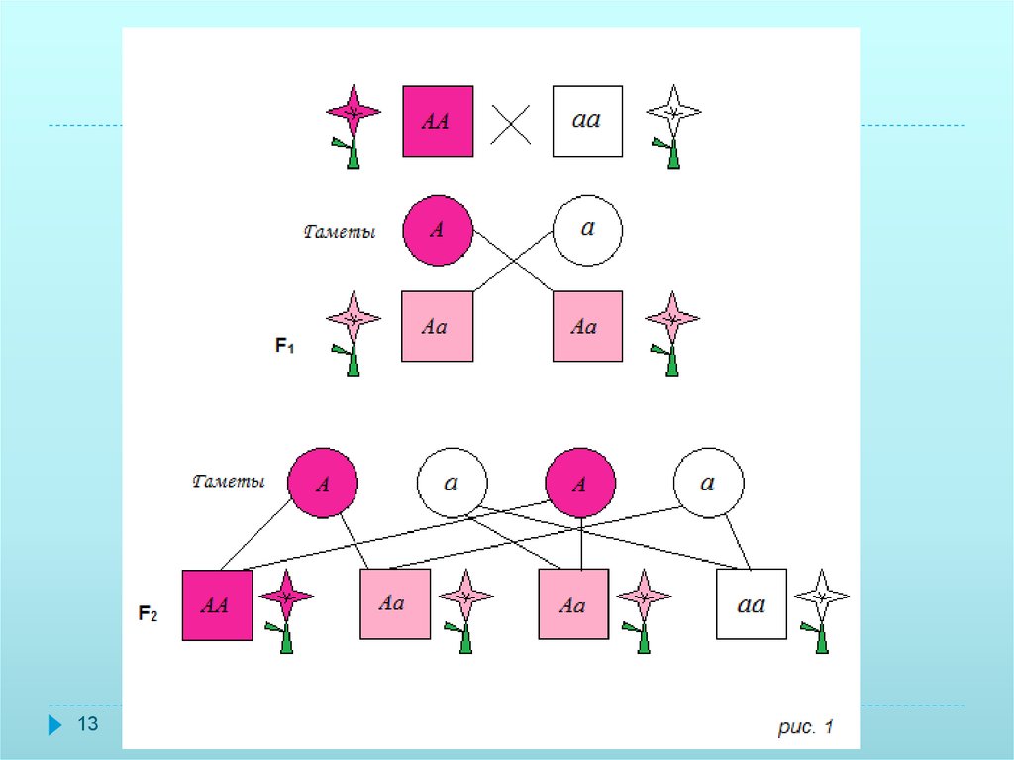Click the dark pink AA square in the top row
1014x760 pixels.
[x=437, y=121]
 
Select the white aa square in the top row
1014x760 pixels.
[x=587, y=121]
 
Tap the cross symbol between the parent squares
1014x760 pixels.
[x=512, y=125]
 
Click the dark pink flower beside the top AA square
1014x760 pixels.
[x=354, y=124]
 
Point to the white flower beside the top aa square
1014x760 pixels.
[x=673, y=124]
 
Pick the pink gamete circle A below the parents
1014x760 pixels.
[x=437, y=230]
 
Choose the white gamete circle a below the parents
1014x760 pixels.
[x=587, y=230]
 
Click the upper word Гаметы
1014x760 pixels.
[x=339, y=233]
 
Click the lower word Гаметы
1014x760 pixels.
[x=229, y=483]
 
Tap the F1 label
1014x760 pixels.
[x=285, y=346]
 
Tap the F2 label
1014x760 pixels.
[x=148, y=614]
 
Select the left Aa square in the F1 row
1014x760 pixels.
[x=437, y=326]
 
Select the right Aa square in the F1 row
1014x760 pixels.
[x=587, y=326]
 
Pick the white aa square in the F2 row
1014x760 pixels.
[x=752, y=604]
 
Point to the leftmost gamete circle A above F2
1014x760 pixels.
[x=323, y=484]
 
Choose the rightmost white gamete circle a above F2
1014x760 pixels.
[x=709, y=484]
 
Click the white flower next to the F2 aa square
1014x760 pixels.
[x=822, y=608]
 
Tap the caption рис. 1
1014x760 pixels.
[x=802, y=728]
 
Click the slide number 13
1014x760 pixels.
[x=88, y=725]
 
